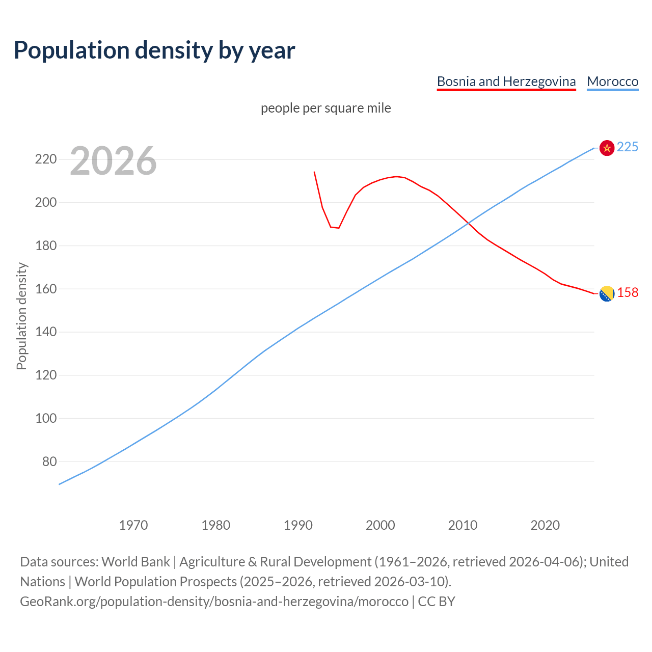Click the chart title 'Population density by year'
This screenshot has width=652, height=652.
click(154, 50)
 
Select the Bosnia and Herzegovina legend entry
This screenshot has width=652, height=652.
click(506, 81)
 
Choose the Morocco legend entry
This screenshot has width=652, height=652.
click(612, 81)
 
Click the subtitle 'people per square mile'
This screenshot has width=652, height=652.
click(325, 108)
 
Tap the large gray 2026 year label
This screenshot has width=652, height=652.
click(113, 161)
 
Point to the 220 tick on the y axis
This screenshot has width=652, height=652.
click(45, 159)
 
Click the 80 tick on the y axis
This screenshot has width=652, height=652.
click(49, 461)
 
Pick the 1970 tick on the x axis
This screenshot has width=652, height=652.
click(133, 525)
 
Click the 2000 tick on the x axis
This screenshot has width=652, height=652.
click(380, 525)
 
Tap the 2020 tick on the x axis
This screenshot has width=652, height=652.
click(545, 525)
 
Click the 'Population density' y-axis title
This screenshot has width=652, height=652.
click(21, 316)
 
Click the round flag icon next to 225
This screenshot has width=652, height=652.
click(607, 148)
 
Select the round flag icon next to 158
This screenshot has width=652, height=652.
click(607, 293)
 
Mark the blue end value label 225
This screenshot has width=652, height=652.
click(628, 147)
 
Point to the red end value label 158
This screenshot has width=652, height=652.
click(628, 293)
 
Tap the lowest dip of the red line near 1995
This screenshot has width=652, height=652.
click(338, 228)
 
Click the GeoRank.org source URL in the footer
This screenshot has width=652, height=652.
click(214, 602)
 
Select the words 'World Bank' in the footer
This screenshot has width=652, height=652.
click(135, 562)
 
